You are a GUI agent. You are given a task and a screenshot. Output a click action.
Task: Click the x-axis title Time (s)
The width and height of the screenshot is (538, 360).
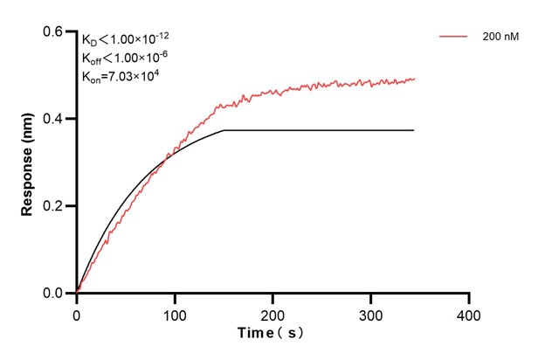coord(272,333)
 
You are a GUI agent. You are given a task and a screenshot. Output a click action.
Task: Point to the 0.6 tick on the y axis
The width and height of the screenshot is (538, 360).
coord(56,31)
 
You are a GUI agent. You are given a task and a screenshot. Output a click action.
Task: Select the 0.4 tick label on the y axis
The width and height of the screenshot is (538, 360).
coord(56,119)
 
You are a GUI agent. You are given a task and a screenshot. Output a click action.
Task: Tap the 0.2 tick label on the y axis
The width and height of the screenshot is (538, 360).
coord(56,206)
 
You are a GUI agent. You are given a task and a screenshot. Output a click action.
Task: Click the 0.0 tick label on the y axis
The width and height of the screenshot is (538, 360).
coord(56,294)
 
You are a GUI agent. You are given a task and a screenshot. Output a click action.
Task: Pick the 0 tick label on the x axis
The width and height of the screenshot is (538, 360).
coord(77,312)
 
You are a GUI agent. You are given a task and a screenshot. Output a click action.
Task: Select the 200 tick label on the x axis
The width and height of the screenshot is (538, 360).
coord(273,312)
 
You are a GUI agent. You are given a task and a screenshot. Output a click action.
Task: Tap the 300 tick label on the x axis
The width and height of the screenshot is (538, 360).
coord(371,312)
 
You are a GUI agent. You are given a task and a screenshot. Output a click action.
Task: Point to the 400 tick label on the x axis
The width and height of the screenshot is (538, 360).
coord(469,312)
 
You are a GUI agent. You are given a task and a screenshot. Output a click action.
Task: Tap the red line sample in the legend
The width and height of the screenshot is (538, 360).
coord(454,37)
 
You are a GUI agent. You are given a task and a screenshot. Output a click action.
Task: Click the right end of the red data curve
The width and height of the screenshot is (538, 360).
coord(415,79)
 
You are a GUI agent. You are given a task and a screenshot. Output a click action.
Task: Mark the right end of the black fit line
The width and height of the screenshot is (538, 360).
coord(414,130)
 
